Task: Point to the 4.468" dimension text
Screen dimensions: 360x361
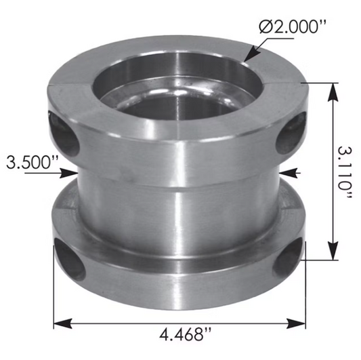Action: pyautogui.click(x=181, y=334)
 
